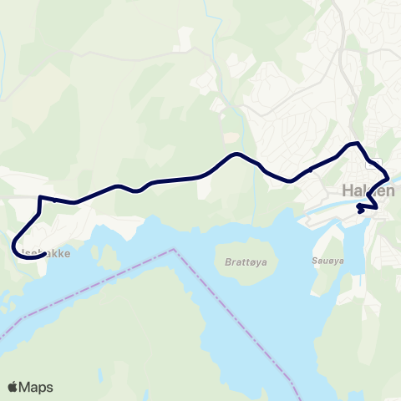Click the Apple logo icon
click(x=13, y=387)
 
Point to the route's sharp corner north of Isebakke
click(x=39, y=197)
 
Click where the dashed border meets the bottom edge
click(x=297, y=398)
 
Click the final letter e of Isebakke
click(x=67, y=249)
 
